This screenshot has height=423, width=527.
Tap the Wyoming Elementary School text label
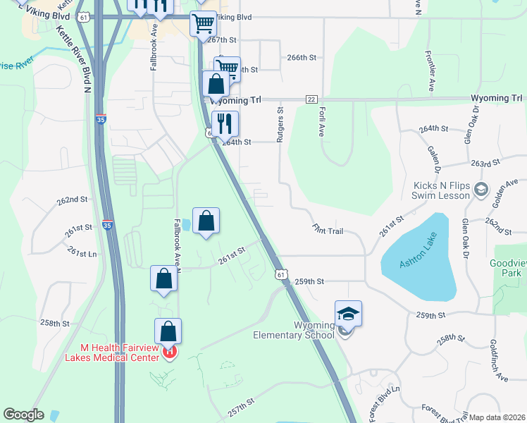[294, 330]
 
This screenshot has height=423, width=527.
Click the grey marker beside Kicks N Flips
[481, 188]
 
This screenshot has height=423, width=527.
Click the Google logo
[23, 415]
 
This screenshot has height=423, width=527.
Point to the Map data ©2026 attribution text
[497, 417]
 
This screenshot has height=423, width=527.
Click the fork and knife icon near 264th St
[225, 124]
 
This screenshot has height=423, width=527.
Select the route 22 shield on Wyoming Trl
[311, 99]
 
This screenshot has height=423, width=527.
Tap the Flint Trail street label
[328, 230]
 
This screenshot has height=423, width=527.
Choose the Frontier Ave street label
[429, 70]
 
